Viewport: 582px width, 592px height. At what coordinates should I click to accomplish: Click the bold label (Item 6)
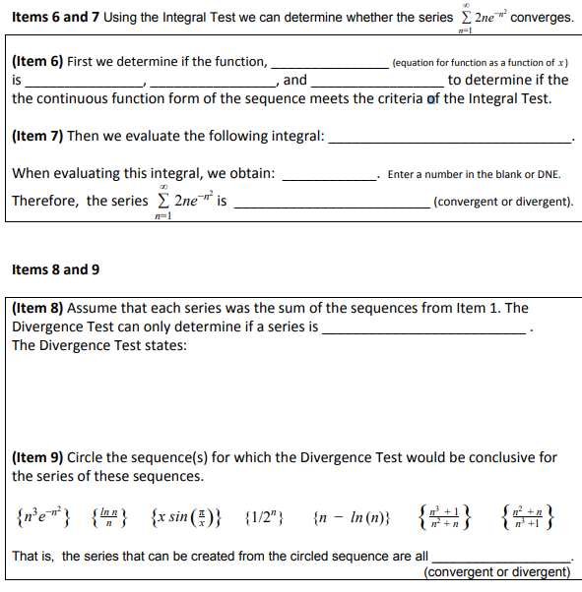click(37, 61)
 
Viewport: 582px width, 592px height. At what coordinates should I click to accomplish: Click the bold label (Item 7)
click(37, 136)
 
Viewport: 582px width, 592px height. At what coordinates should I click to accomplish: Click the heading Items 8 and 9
click(55, 269)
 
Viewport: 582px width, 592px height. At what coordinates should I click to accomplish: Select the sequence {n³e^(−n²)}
click(45, 514)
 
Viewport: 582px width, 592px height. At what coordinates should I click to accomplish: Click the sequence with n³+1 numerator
click(449, 514)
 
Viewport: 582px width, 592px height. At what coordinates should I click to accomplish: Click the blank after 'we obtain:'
click(329, 176)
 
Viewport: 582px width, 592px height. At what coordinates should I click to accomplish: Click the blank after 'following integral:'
click(449, 139)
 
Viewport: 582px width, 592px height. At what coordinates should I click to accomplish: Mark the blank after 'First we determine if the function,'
click(328, 64)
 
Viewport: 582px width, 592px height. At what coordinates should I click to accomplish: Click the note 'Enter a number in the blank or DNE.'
click(474, 175)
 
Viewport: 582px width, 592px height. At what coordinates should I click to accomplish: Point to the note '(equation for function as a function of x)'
click(481, 63)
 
